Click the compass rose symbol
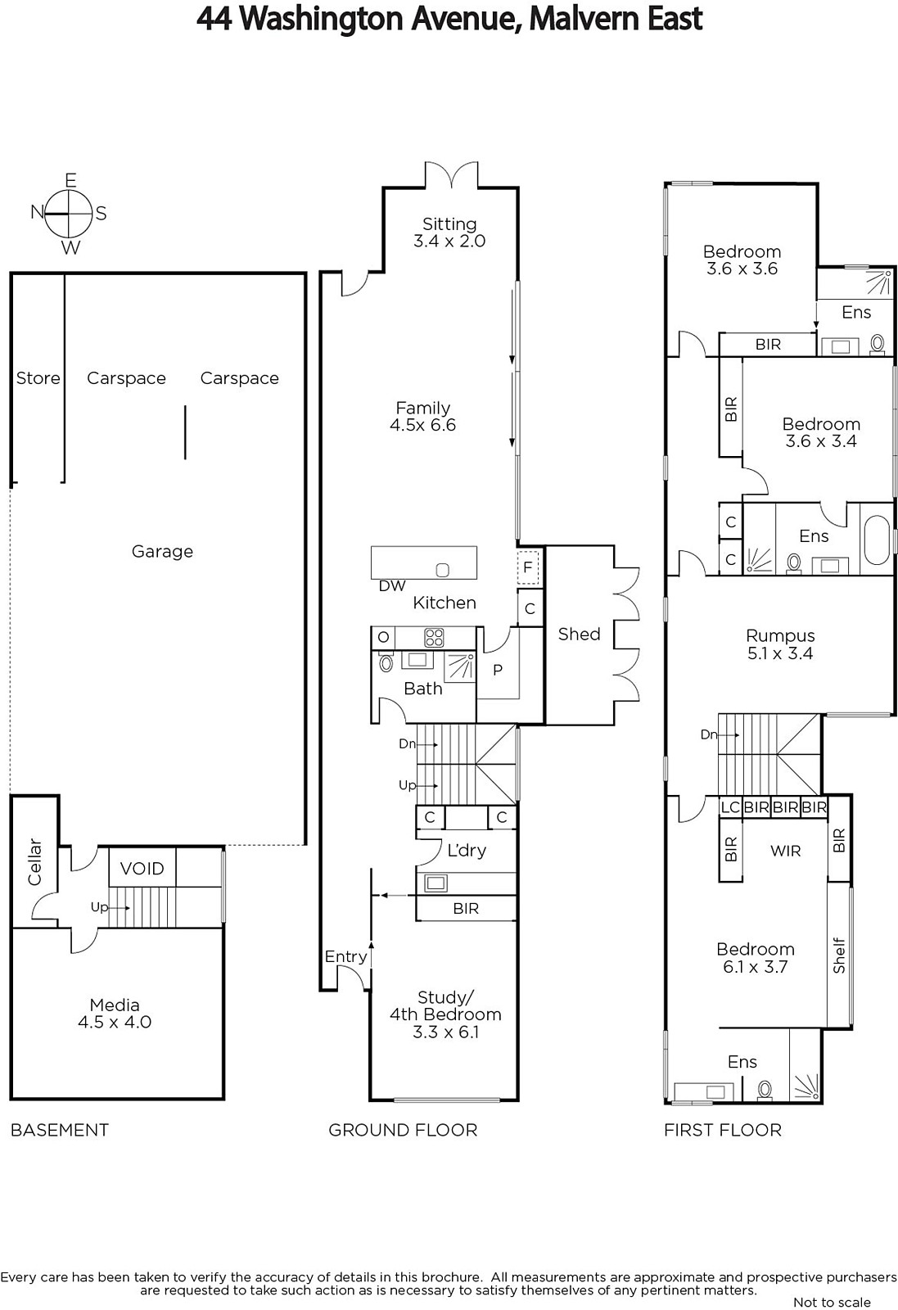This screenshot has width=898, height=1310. point(69,214)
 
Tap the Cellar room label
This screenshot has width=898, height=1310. point(35,862)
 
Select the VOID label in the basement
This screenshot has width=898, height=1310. point(142,869)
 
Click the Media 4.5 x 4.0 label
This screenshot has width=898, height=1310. point(115,1014)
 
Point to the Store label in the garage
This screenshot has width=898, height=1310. point(38,378)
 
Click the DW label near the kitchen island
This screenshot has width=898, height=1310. point(392,586)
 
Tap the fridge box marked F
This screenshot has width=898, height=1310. point(528,567)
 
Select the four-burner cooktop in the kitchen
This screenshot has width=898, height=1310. point(434,638)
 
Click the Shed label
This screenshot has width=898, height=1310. point(579,634)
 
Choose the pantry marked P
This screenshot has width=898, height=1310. point(498,671)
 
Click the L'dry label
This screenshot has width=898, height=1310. point(467,851)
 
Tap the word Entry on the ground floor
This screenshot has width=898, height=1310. point(345,957)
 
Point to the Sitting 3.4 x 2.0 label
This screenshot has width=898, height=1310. point(449,233)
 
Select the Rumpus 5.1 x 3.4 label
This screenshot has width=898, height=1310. point(780,644)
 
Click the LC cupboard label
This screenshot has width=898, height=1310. point(731,807)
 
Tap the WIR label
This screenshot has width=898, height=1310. point(785,851)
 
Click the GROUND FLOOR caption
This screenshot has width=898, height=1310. point(403,1130)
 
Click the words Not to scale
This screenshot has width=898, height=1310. point(832,1302)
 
